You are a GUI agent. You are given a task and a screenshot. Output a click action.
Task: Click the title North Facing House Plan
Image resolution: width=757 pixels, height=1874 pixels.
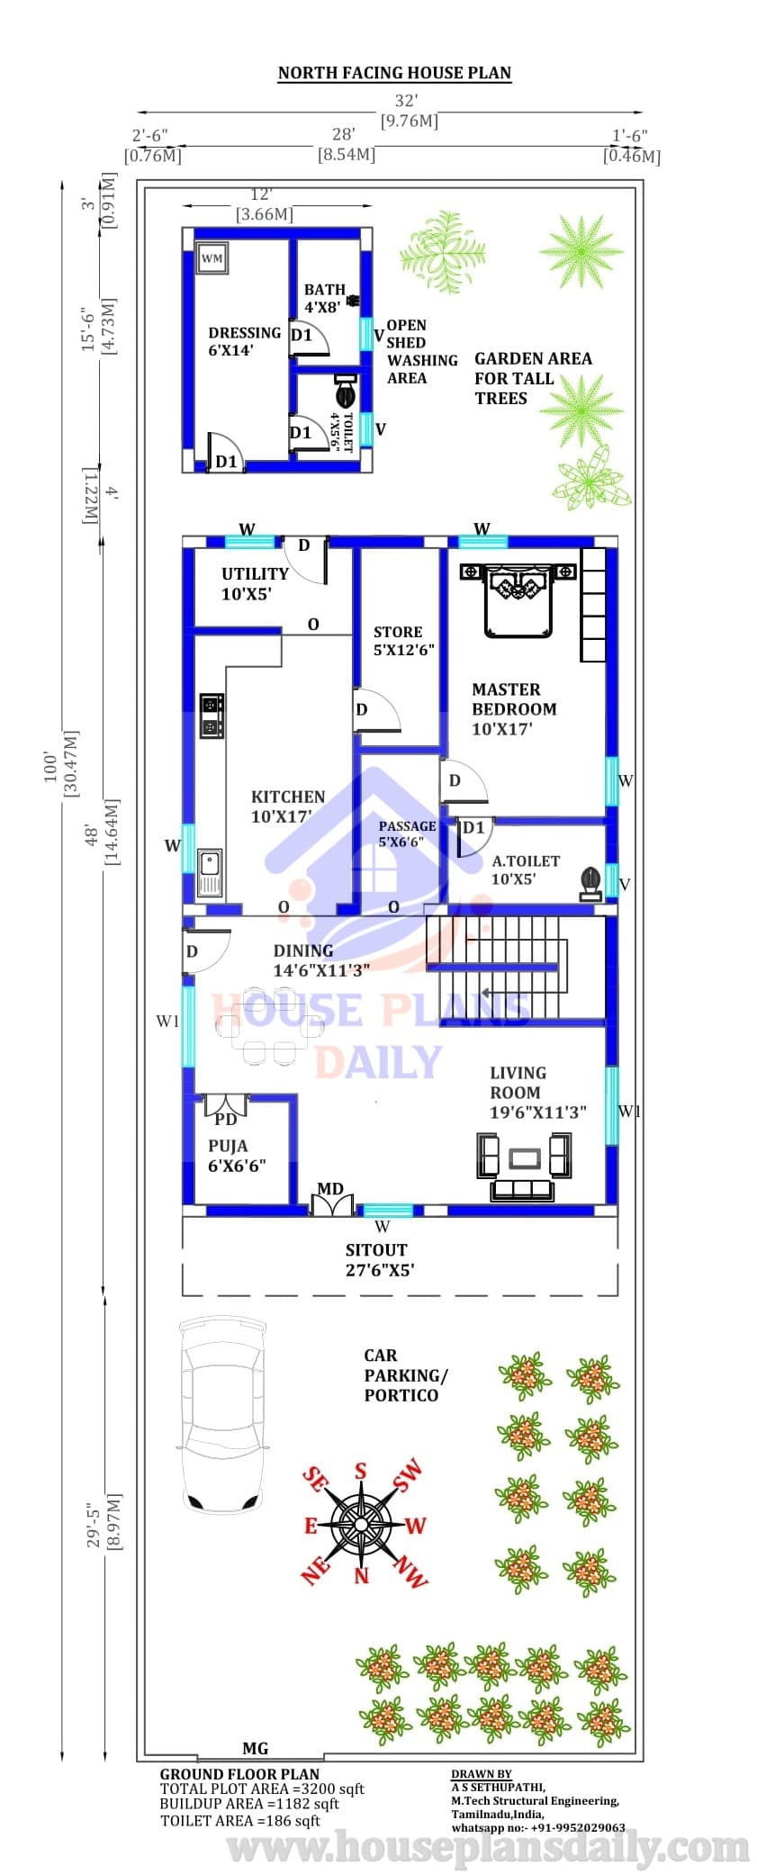coord(394,73)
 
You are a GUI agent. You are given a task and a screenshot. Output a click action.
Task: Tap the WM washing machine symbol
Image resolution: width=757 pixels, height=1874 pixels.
coord(212,258)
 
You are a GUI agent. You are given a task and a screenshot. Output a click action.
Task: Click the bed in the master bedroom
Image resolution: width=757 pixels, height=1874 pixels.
coord(518,599)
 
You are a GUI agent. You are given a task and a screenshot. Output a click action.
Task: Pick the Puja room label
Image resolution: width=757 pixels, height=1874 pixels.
coord(237,1156)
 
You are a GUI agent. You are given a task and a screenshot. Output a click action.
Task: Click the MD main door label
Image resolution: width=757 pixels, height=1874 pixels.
coord(330,1188)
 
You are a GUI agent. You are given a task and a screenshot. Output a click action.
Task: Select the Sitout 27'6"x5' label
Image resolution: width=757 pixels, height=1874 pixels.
coord(380,1260)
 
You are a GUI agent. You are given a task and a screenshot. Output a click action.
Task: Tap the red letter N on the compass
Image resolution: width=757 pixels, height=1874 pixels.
coord(362,1575)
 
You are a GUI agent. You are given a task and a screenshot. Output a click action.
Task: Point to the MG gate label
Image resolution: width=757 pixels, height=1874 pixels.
coord(256,1748)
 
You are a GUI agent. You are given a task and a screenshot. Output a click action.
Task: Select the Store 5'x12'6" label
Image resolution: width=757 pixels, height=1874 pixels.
coord(404,641)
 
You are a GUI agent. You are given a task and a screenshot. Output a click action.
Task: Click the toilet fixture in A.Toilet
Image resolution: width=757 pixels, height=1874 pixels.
coord(590,881)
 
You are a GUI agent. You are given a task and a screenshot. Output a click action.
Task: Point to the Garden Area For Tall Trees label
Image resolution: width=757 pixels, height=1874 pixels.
coord(533,378)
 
